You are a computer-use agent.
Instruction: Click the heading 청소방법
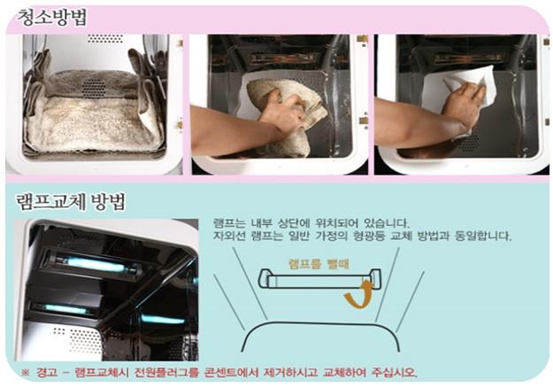52,18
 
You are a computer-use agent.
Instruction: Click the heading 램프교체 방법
71,202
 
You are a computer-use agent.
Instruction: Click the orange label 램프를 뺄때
319,263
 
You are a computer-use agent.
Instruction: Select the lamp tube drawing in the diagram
319,279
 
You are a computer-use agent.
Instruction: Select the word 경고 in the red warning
47,372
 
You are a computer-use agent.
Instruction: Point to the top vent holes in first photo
105,38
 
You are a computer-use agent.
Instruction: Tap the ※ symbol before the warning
25,372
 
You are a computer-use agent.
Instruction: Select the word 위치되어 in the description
336,223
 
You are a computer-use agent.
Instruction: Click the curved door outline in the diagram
320,322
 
